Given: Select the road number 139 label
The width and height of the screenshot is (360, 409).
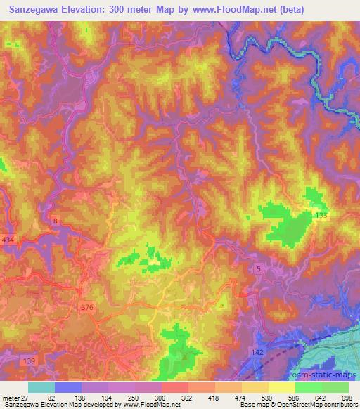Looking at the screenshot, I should pyautogui.click(x=29, y=361).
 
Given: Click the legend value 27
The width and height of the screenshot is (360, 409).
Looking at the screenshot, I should pyautogui.click(x=24, y=398).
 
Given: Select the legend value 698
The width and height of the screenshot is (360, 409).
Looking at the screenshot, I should pyautogui.click(x=346, y=398).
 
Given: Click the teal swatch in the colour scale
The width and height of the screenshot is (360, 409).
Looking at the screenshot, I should pyautogui.click(x=41, y=387).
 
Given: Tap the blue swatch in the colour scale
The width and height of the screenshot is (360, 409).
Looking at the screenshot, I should pyautogui.click(x=68, y=387).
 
